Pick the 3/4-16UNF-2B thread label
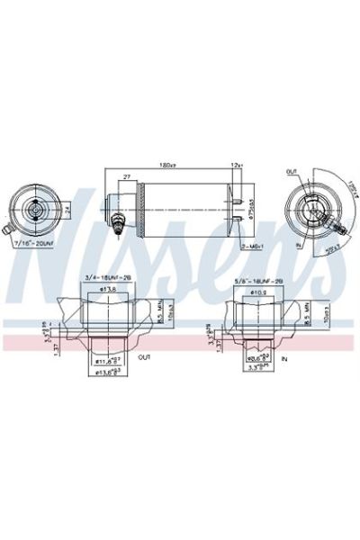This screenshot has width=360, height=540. [x=107, y=278]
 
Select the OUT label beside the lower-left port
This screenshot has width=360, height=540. [x=143, y=358]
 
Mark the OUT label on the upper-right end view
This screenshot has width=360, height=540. [x=292, y=171]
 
